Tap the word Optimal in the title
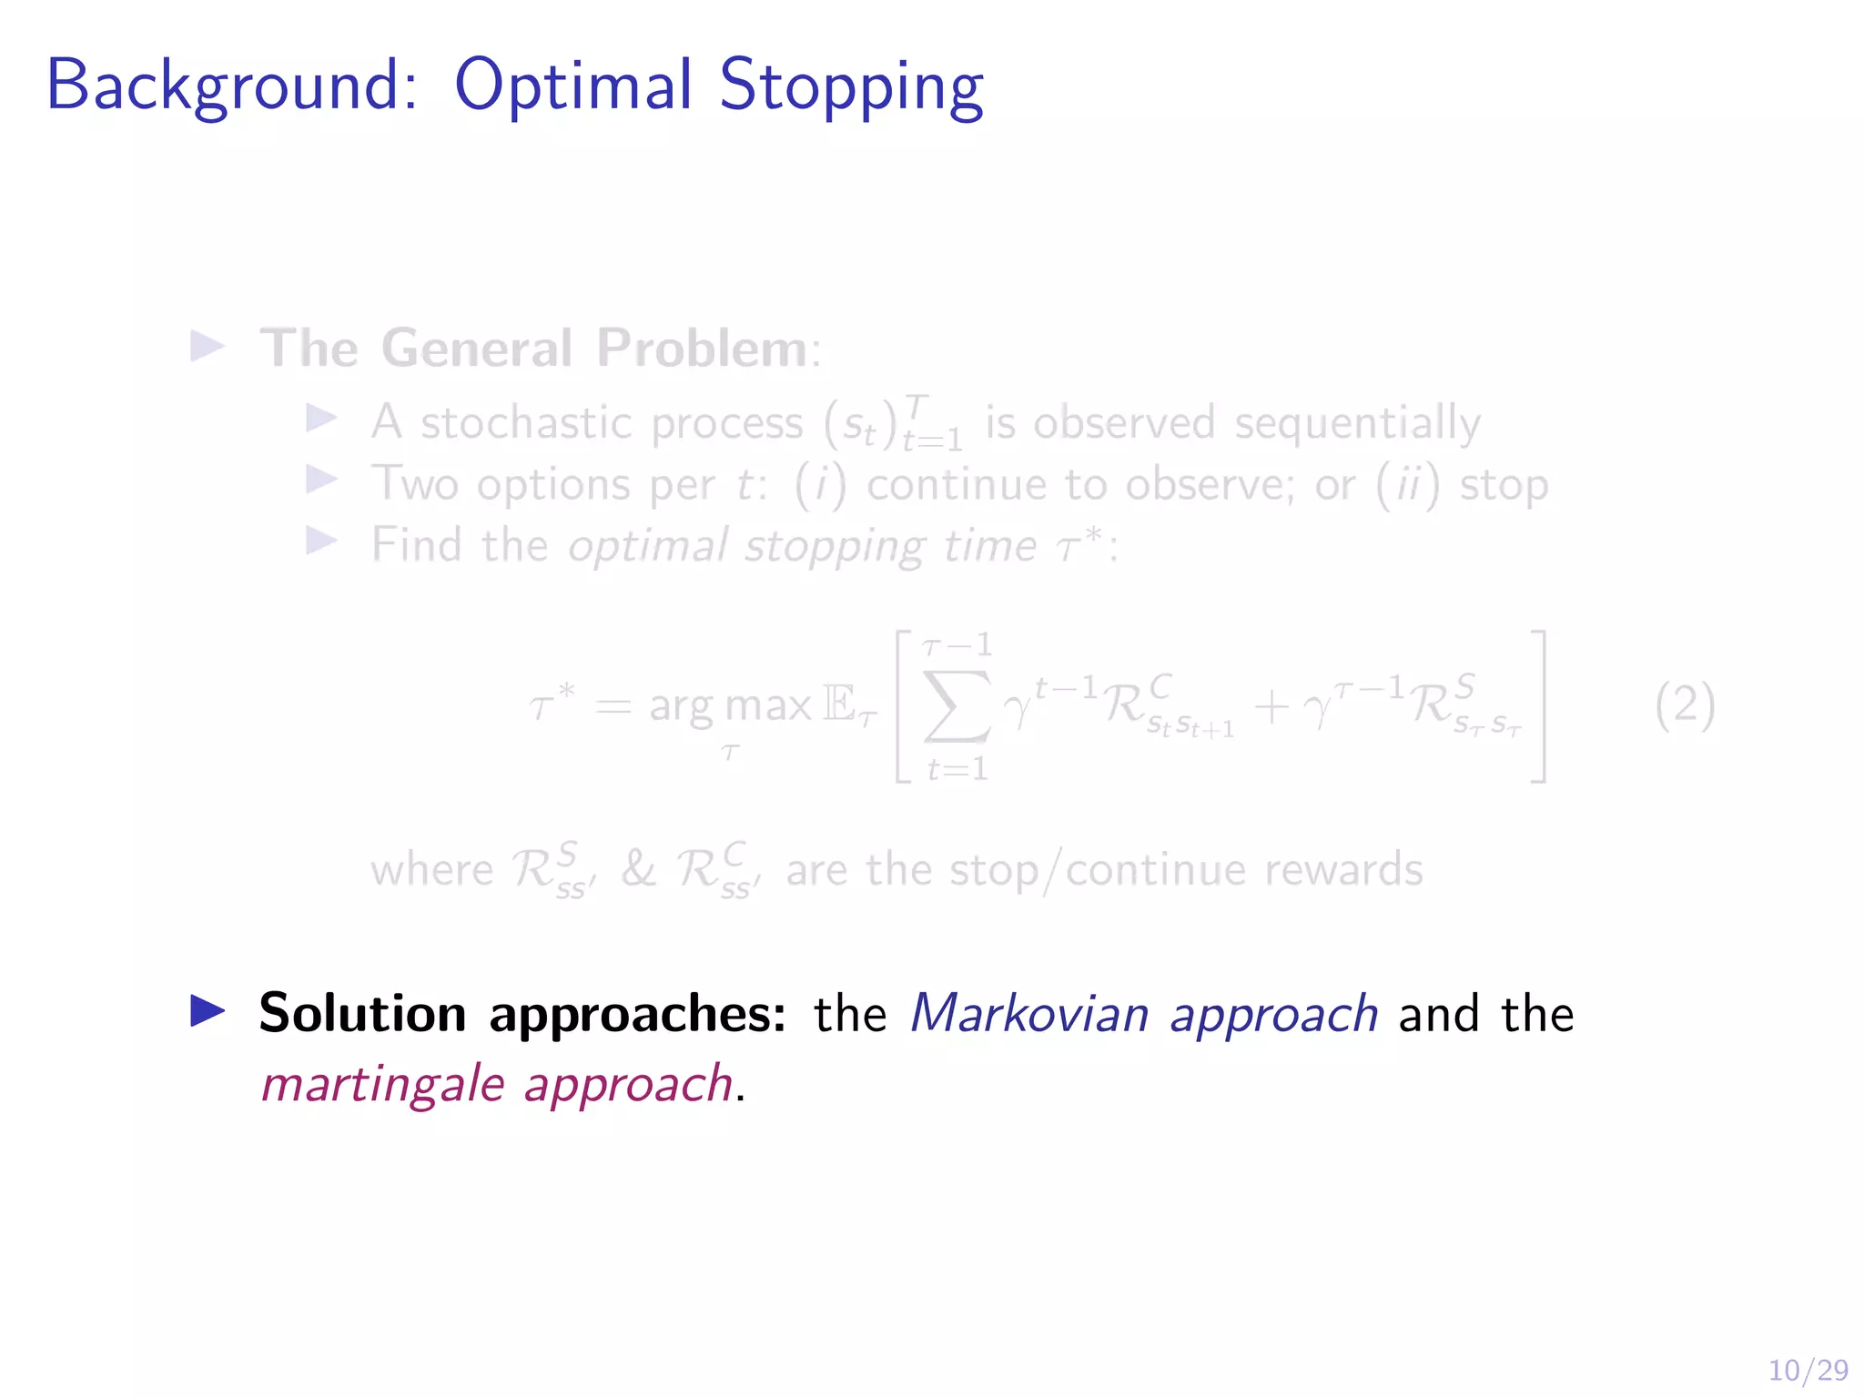click(573, 85)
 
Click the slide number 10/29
click(1808, 1370)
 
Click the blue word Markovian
click(1029, 1013)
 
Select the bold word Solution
click(362, 1013)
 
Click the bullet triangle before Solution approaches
click(208, 1011)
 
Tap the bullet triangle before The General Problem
click(208, 346)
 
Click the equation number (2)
click(1685, 705)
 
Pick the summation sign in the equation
click(956, 706)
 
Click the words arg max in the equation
click(730, 706)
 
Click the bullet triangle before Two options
click(320, 480)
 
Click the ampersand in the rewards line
click(638, 868)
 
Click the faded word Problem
click(702, 348)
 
